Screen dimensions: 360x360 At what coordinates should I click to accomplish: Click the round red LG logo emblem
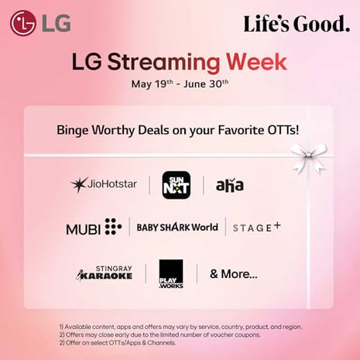coord(22,22)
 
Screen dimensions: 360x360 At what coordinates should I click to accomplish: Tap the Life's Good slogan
coord(297,24)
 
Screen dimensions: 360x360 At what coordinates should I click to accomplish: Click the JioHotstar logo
coord(104,184)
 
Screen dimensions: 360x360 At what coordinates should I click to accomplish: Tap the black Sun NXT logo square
coord(176,185)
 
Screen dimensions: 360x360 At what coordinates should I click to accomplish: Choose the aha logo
coord(230,185)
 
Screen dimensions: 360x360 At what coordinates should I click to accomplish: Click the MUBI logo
coord(94,227)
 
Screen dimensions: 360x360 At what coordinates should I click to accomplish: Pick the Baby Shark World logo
coord(177,227)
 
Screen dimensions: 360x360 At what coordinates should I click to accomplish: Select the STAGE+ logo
coord(257,227)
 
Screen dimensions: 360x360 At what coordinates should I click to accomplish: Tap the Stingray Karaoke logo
coord(105,273)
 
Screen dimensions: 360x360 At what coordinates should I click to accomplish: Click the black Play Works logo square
coord(171,274)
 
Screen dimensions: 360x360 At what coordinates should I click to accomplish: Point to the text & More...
coord(233,274)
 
